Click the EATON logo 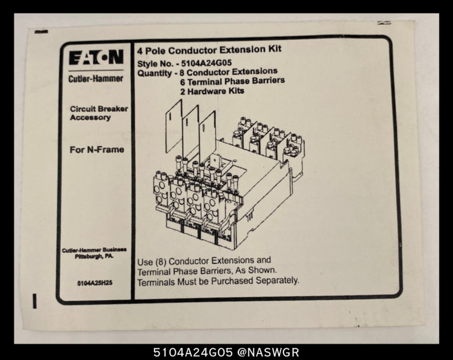96,57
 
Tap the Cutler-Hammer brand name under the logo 96,79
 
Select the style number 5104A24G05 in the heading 206,63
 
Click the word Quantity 154,73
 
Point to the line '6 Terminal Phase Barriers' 232,81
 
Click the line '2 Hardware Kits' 212,91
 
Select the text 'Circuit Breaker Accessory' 99,113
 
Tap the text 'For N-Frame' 97,150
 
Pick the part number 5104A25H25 95,283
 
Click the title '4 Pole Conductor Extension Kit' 210,50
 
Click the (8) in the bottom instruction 161,262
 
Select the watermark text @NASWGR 268,352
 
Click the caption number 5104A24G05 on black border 193,352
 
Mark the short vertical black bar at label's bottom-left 34,301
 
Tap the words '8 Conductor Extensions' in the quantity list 229,71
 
